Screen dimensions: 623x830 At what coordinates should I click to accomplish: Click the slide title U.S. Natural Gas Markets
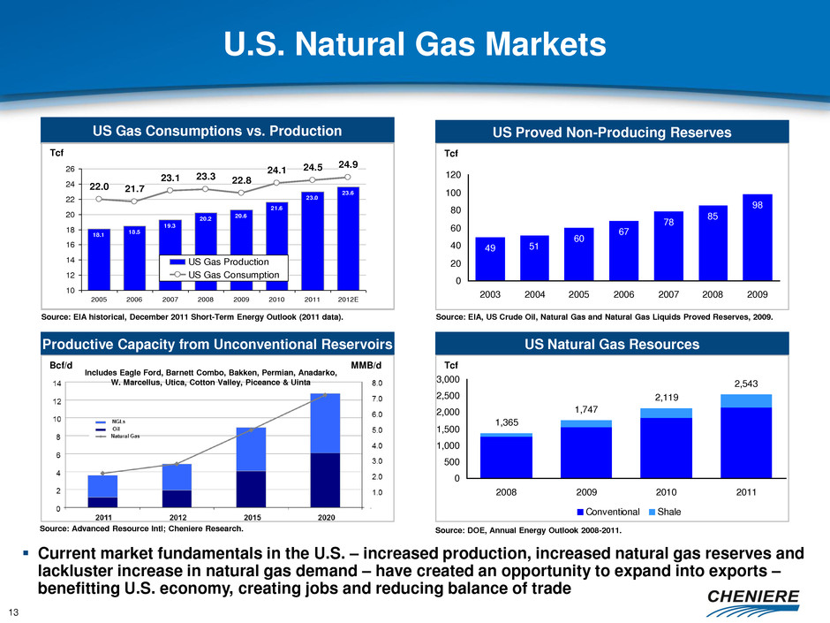pos(414,43)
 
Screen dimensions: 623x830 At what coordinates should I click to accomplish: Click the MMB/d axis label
pos(366,365)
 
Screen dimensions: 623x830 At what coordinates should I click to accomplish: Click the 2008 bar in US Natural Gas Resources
pos(506,456)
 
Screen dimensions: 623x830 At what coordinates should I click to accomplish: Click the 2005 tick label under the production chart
pos(99,299)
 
